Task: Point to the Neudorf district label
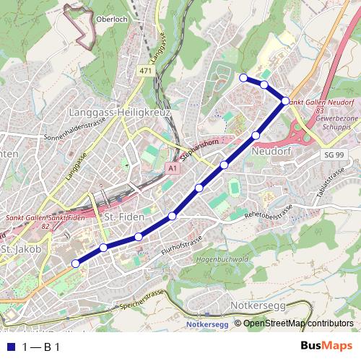[271, 152]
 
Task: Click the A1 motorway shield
[171, 168]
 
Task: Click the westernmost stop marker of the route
[75, 264]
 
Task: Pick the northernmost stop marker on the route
[243, 77]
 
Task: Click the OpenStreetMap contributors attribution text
[298, 323]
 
